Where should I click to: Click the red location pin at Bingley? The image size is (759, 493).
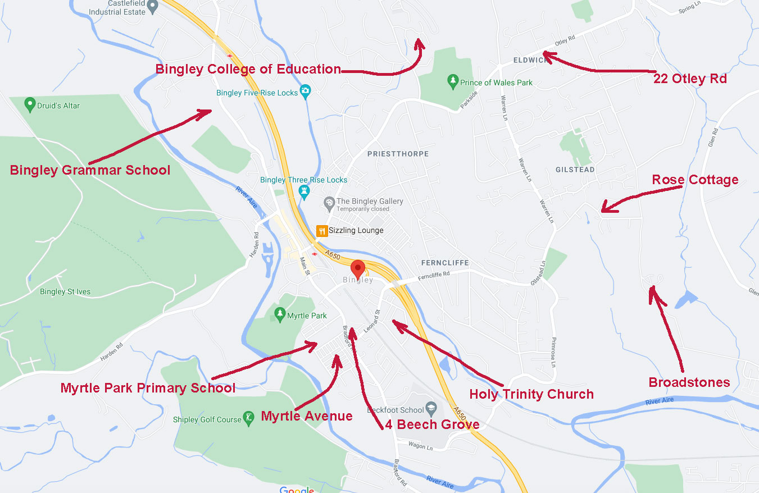[357, 268]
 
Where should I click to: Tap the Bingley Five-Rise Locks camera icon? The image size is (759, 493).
[306, 91]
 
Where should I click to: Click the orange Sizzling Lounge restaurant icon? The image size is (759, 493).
[322, 230]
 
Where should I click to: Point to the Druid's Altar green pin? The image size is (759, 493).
[30, 104]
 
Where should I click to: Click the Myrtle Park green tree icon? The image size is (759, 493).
[279, 314]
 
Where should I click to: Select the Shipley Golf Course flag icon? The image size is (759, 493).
[249, 419]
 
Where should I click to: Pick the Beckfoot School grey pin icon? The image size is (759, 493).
[431, 408]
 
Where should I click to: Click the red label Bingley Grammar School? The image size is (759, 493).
[90, 170]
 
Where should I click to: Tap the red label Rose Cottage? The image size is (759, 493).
[695, 180]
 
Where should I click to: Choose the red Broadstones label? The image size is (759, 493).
[689, 382]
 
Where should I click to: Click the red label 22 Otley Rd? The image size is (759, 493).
[690, 79]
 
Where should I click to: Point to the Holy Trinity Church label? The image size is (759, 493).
[531, 394]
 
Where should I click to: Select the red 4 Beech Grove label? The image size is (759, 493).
[432, 424]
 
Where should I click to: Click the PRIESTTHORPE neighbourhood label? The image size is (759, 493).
[398, 153]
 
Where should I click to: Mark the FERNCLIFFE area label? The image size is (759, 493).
[445, 263]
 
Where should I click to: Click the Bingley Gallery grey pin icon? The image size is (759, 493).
[330, 202]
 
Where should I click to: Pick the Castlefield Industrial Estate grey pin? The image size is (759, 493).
[152, 4]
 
